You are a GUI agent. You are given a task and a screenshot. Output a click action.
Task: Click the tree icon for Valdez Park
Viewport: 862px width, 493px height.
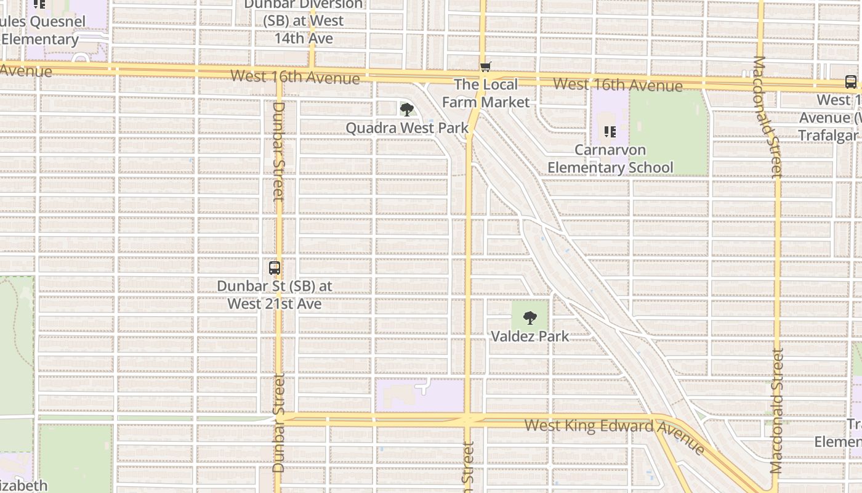point(530,318)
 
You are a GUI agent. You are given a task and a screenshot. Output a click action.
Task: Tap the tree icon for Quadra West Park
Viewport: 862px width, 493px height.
point(406,110)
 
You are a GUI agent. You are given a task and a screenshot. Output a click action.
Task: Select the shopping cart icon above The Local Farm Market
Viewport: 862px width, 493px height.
point(486,67)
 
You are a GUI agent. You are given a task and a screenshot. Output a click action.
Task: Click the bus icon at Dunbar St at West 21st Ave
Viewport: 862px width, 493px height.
point(275,268)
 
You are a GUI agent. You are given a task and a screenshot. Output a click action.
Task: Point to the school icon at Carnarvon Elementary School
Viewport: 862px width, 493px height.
point(610,131)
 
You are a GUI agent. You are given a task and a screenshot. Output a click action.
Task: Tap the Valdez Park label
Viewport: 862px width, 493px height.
point(530,336)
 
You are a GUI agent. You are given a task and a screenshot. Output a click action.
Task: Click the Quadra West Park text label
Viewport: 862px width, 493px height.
point(406,128)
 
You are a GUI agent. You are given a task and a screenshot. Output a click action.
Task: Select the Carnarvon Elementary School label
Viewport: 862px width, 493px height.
point(610,159)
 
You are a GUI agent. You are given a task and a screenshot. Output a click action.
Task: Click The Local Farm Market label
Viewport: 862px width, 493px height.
point(486,93)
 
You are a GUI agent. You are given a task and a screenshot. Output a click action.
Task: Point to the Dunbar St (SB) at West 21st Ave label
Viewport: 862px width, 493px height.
point(275,295)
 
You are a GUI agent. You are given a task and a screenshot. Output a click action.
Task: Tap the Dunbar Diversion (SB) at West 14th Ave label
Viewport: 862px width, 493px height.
point(304,22)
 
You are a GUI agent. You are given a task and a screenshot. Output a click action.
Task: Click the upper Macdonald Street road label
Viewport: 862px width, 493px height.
point(767,117)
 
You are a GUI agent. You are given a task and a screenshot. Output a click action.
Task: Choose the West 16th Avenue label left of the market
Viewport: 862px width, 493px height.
point(295,77)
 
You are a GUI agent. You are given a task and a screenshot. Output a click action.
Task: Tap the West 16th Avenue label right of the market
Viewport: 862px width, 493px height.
point(618,84)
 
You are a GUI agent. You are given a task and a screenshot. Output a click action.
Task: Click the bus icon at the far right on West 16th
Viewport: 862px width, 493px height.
point(850,82)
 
